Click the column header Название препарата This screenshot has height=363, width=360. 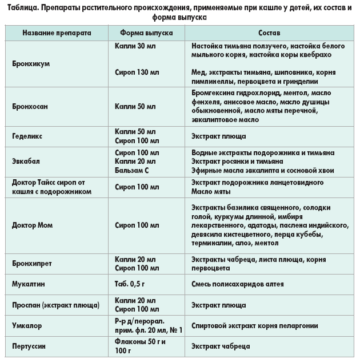(57, 33)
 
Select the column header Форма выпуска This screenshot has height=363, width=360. (147, 33)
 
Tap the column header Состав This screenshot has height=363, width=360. (269, 33)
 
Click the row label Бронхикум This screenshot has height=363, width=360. (31, 64)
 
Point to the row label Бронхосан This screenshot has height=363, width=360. (31, 106)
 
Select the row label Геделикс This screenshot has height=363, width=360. (27, 137)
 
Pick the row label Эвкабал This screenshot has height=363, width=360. (26, 161)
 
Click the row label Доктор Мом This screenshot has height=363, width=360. (33, 225)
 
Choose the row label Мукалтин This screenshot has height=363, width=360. (29, 283)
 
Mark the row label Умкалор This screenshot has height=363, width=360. (27, 326)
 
